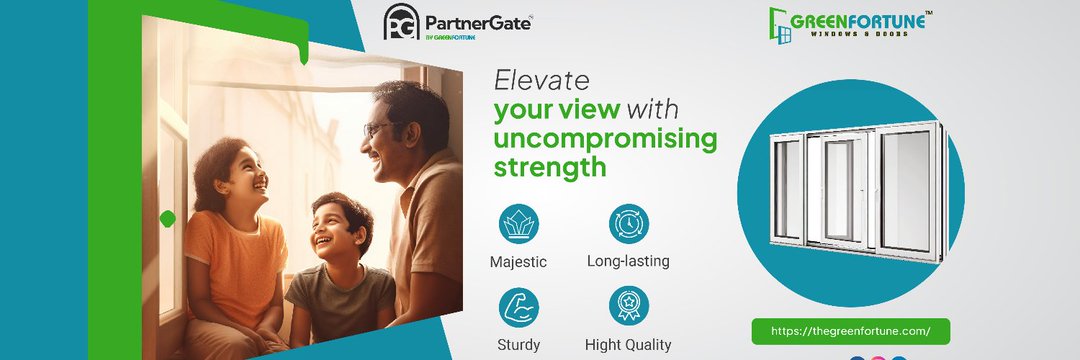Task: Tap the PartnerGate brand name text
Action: pos(478,23)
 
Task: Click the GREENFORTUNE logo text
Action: pos(858,21)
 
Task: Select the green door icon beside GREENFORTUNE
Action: pos(779,26)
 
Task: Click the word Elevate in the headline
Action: pos(541,81)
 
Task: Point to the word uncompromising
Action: pos(605,140)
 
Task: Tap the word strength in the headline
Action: pos(550,167)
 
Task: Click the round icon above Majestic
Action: pos(519,224)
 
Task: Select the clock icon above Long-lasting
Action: pos(629,224)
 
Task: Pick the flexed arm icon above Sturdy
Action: pos(519,307)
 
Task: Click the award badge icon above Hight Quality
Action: pos(629,307)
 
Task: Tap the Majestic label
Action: pos(519,262)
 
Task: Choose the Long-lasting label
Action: pos(628,262)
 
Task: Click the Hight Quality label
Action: pos(628,345)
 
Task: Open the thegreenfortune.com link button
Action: pos(851,331)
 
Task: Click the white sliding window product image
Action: pos(858,191)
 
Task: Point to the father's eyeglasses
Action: pos(379,128)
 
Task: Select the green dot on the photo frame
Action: pos(167,219)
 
